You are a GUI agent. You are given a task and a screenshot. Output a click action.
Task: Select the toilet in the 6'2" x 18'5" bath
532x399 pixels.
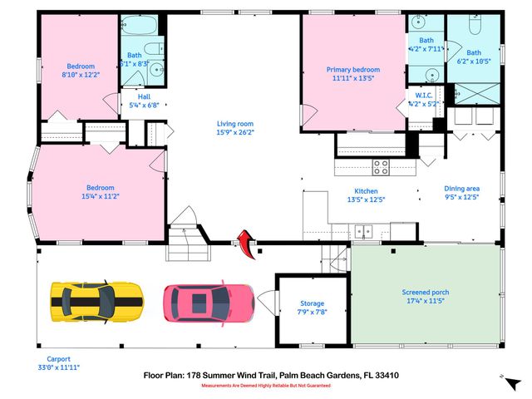(x=474, y=26)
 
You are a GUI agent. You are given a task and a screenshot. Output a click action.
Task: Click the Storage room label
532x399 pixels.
(x=312, y=303)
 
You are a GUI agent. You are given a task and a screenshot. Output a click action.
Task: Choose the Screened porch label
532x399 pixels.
(x=426, y=293)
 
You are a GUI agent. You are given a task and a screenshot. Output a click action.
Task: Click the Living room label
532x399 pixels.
(x=234, y=123)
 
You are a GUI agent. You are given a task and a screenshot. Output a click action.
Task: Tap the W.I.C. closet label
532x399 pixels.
(x=426, y=95)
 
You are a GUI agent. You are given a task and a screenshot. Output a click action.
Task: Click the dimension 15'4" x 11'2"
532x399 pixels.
(x=101, y=196)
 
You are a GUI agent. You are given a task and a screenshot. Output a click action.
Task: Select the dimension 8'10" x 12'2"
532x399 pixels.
(x=81, y=75)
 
